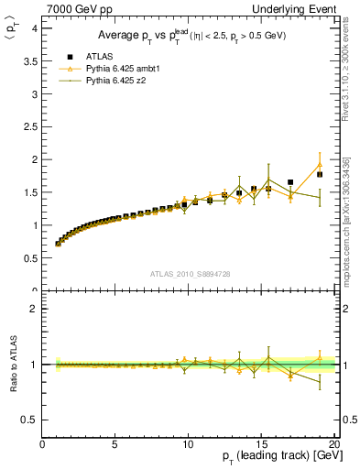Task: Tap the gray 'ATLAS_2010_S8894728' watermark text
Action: click(189, 273)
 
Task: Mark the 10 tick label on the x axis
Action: click(189, 445)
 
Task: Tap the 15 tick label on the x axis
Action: click(262, 445)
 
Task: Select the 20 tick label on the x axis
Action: click(334, 445)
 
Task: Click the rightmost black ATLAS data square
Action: click(320, 174)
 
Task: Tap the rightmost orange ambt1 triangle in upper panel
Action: click(320, 165)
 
